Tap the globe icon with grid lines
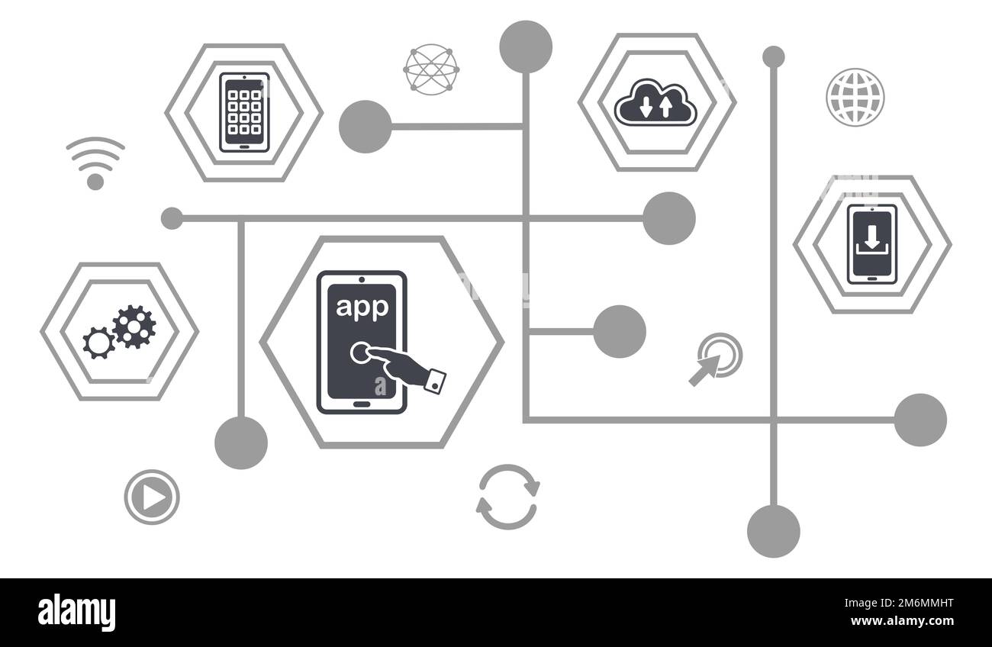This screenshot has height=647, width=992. pos(855,97)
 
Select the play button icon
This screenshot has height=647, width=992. pos(152,497)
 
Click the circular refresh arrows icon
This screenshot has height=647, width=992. pos(507,497)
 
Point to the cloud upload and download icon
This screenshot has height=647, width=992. pos(655,103)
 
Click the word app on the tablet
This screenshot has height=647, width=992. pos(362,307)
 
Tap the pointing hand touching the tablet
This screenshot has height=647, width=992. pos(398,365)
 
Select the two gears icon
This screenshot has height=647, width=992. pos(120,331)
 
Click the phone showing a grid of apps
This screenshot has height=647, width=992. pos(244,112)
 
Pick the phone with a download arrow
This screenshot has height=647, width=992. pos(872,244)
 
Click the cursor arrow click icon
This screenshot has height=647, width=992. pos(715,359)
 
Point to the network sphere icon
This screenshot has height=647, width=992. pos(431,69)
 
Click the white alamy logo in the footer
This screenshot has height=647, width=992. pos(76,613)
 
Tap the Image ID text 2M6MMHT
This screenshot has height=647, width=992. pos(899,603)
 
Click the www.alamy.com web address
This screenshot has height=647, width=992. pos(902,621)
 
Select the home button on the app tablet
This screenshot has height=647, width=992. pos(362,404)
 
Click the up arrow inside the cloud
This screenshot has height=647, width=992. pos(665,107)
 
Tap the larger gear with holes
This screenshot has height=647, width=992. pos(134,327)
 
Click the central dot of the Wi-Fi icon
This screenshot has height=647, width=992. pos(95,182)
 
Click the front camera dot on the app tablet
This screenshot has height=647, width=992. pos(362,279)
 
